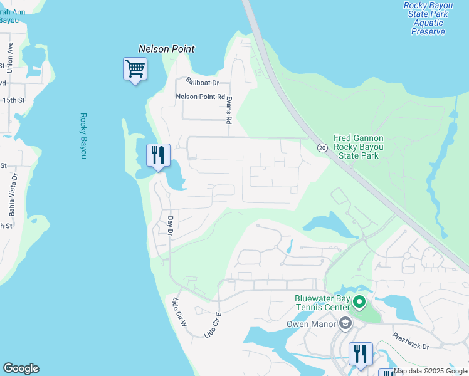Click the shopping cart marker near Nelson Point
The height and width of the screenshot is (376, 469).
135,68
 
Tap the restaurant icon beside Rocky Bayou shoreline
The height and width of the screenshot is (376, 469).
158,155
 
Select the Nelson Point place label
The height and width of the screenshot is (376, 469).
166,49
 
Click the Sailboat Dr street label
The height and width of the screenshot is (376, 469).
202,82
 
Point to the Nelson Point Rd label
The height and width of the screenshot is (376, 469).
200,97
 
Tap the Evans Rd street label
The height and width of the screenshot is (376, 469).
229,110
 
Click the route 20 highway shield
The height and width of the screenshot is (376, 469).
322,147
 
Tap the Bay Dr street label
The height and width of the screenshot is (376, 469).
170,226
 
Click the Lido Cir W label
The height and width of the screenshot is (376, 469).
179,311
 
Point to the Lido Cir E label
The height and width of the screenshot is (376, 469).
213,325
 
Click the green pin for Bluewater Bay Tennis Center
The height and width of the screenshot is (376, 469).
359,303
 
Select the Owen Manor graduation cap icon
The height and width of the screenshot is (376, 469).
344,323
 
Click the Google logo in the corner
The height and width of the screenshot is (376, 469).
21,368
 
